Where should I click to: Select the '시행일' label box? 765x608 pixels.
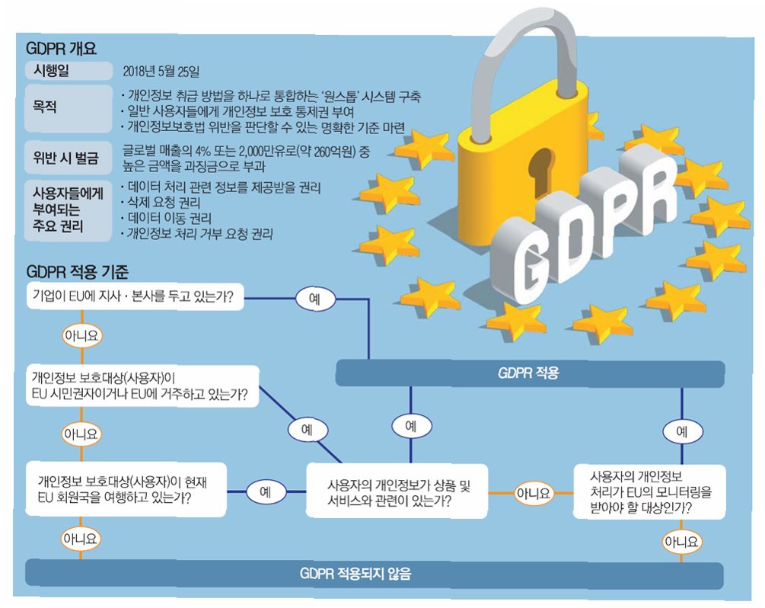pyautogui.click(x=68, y=72)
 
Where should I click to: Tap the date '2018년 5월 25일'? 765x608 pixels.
pyautogui.click(x=161, y=72)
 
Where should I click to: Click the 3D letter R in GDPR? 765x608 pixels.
pyautogui.click(x=648, y=190)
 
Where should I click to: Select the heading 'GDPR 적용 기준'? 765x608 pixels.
pyautogui.click(x=78, y=270)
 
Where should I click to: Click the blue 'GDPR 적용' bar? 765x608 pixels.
pyautogui.click(x=529, y=373)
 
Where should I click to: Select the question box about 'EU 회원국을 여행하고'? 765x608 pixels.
pyautogui.click(x=126, y=490)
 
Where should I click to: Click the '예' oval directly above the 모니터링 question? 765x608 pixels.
pyautogui.click(x=681, y=431)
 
